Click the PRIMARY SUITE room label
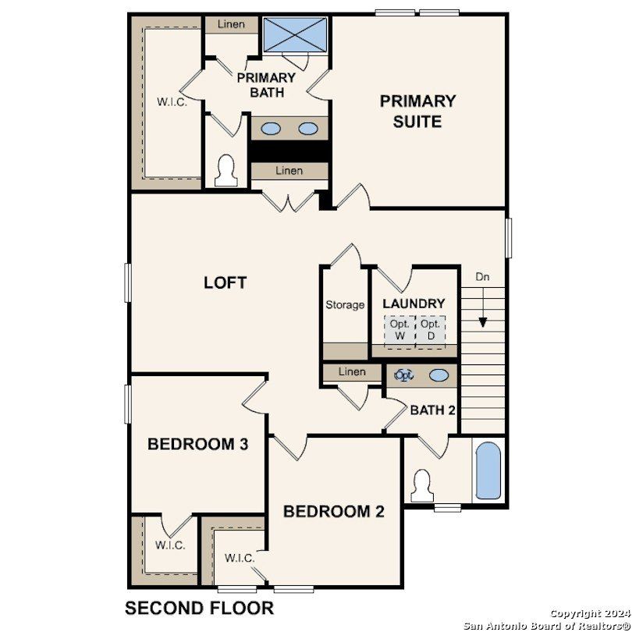417,111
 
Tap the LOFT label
225,282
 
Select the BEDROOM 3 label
198,445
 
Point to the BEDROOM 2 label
333,512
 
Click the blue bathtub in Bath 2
489,471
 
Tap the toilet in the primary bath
226,170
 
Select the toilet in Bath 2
422,485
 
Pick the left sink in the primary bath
271,129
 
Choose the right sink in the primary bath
309,129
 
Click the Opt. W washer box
399,330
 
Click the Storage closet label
345,305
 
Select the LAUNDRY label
414,304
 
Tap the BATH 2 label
432,410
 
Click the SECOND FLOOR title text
200,608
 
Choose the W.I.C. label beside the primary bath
172,102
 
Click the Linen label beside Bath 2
352,372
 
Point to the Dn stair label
483,276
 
